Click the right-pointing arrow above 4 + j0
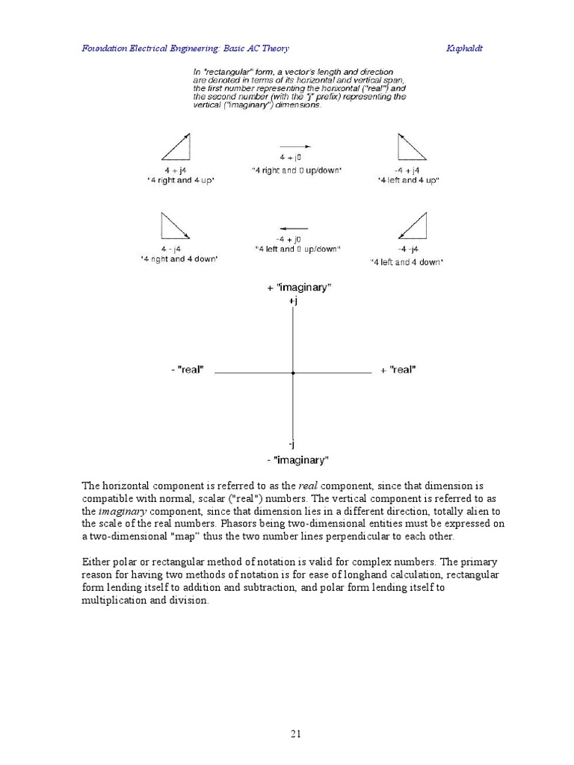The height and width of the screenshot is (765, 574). point(295,147)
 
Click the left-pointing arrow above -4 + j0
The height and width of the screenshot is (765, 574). point(294,228)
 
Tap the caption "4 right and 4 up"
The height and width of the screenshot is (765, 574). point(179,181)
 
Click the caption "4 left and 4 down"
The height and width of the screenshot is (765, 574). point(407,262)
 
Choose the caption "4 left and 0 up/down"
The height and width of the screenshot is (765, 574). point(297,249)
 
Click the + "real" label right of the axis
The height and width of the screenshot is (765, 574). point(398,370)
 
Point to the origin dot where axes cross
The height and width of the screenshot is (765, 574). point(293,371)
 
